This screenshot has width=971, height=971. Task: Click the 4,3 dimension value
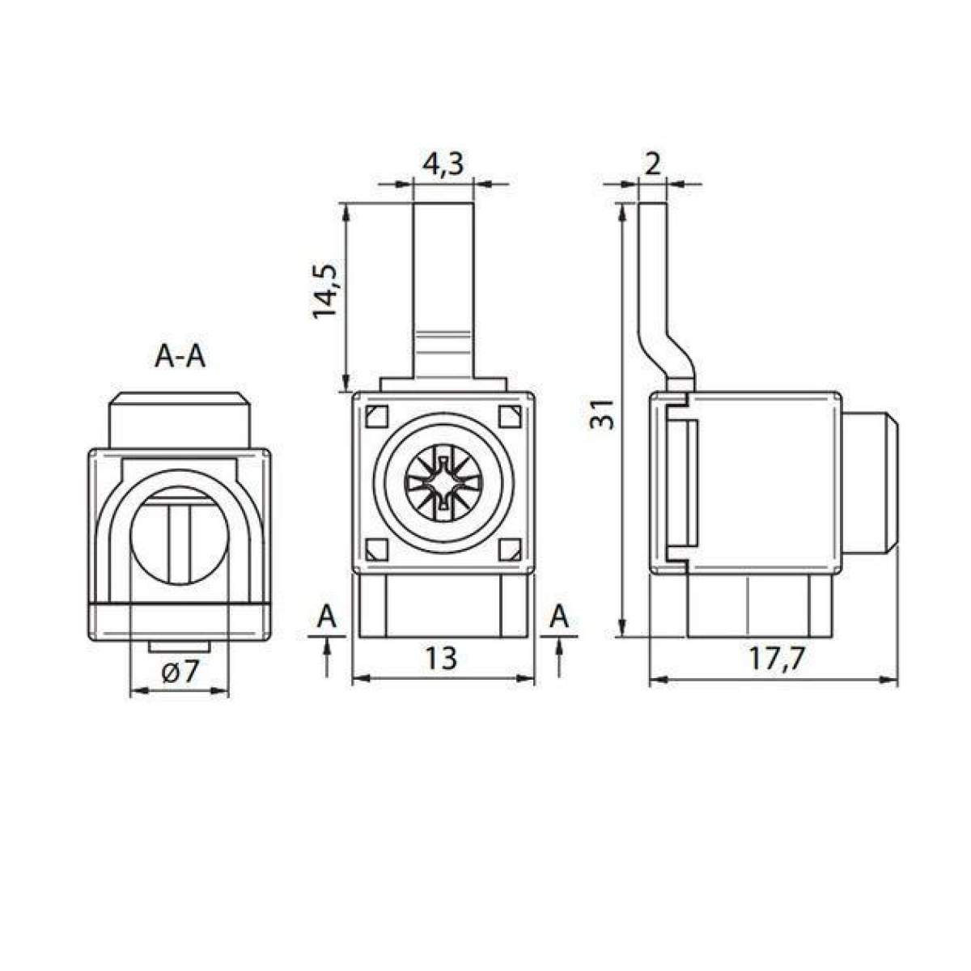coord(442,163)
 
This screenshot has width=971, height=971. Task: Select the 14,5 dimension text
coord(325,290)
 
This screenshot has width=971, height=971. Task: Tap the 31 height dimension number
coord(602,414)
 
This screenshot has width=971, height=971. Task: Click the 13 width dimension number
coord(441,658)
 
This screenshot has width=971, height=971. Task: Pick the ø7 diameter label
coord(180,672)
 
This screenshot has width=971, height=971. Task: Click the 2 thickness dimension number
coord(652,163)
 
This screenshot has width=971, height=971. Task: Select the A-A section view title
coord(180,357)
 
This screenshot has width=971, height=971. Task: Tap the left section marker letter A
coord(327,617)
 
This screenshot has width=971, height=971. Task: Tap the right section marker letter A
coord(559,617)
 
